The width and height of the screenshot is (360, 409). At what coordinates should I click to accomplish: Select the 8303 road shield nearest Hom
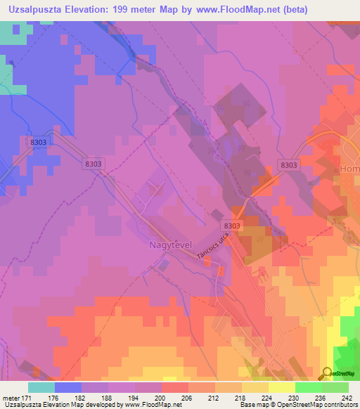pos(288,164)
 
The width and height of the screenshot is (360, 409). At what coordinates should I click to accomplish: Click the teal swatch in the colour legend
pos(41,387)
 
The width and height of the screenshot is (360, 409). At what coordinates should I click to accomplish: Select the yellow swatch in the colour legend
pos(281,387)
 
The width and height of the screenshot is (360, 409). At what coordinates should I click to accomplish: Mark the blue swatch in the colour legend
pos(68,387)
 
